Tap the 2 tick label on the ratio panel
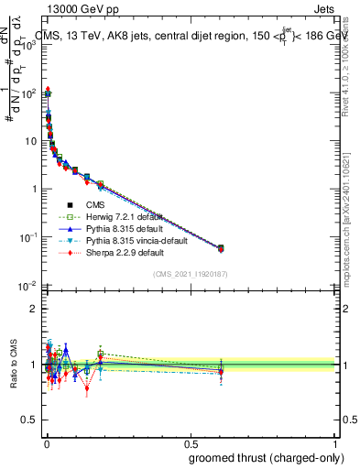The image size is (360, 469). tap(33, 309)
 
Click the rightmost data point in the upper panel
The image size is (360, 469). tap(221, 247)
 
